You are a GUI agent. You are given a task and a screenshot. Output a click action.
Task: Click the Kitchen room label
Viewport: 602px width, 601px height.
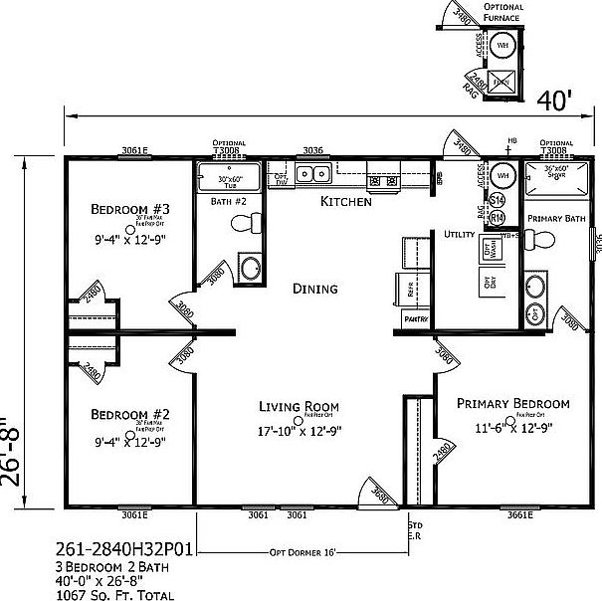click(x=345, y=201)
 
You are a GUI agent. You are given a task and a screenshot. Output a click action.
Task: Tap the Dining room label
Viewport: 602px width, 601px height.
click(x=314, y=290)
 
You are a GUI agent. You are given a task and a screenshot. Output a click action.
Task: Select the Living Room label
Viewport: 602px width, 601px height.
click(x=299, y=406)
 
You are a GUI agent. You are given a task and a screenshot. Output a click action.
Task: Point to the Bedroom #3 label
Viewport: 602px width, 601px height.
click(x=130, y=209)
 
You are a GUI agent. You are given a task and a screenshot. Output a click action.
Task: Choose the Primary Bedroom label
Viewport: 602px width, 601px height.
click(x=512, y=404)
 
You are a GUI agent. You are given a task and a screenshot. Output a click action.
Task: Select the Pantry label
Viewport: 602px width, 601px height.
click(x=416, y=319)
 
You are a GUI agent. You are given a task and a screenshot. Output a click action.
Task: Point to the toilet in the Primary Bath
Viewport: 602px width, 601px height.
click(x=538, y=240)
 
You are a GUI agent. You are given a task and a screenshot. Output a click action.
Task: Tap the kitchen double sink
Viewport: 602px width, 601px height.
click(x=316, y=175)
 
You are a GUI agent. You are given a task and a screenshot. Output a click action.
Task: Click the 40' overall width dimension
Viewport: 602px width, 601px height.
click(x=554, y=100)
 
